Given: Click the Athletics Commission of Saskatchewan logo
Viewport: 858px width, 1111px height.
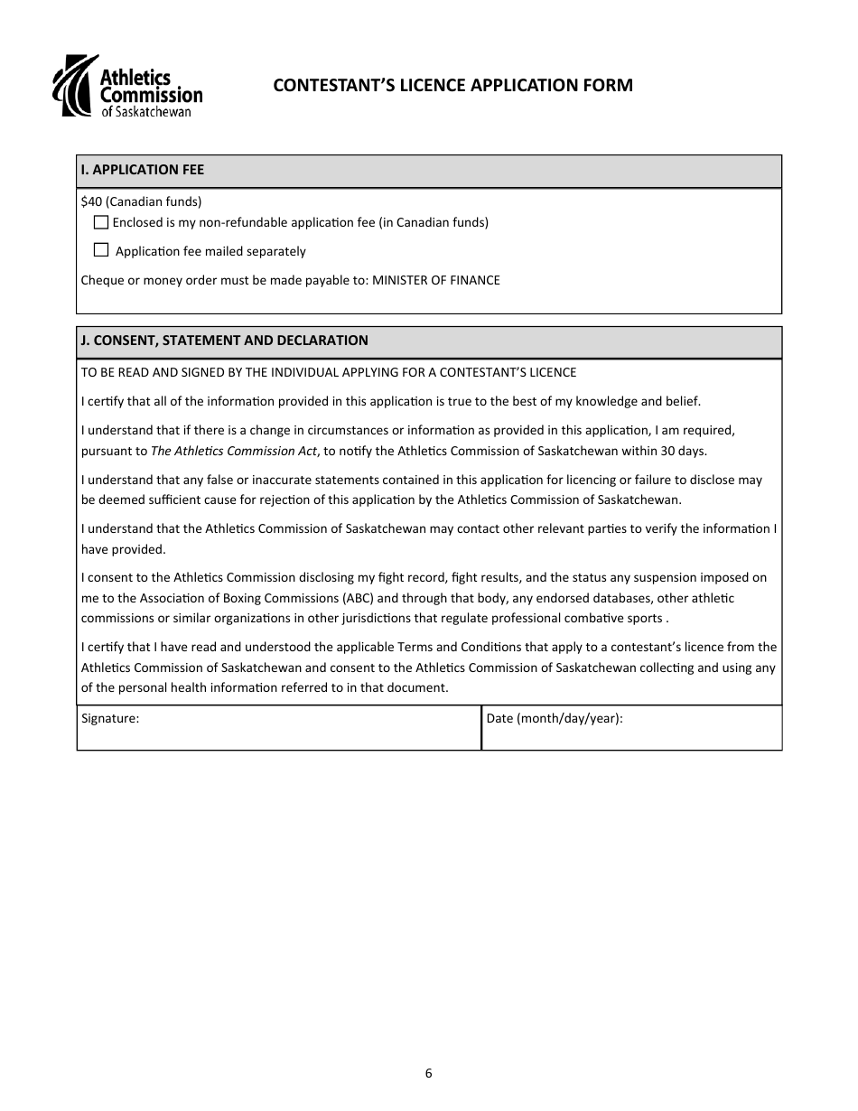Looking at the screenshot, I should click(127, 87).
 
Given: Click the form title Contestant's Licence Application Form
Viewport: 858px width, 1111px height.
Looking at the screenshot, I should click(452, 86).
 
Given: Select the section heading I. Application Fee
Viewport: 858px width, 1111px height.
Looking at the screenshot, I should click(143, 170).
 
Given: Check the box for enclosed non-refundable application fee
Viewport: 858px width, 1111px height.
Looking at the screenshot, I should click(101, 222).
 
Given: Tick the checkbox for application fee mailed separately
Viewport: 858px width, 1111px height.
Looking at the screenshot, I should click(101, 250).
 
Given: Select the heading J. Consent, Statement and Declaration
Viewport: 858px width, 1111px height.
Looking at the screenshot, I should click(225, 341).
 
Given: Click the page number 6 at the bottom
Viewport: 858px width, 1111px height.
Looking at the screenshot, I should click(428, 1074).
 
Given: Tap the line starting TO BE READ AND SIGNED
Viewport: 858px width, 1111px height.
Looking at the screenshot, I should click(329, 372).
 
